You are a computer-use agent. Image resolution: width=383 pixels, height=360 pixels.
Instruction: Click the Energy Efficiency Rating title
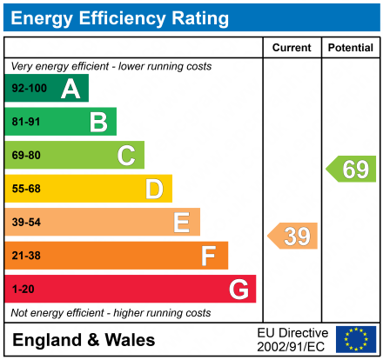(122, 17)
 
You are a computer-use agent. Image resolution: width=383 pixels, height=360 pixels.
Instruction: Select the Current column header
(292, 48)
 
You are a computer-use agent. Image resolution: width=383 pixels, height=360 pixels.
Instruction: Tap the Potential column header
(350, 48)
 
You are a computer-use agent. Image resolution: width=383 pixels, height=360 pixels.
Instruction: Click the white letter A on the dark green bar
(71, 89)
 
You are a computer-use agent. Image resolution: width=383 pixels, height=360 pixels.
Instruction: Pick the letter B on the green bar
(98, 122)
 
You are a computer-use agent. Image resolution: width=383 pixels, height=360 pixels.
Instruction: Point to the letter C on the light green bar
(126, 156)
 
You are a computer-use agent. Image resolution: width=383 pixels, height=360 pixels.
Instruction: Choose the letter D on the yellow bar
(154, 189)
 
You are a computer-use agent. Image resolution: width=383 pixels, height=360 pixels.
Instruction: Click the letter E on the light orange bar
(181, 223)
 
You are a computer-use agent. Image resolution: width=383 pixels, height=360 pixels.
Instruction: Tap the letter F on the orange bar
(209, 256)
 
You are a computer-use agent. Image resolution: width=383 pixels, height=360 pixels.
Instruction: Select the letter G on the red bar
(238, 289)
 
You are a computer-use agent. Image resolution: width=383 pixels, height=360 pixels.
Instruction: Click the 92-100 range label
(29, 89)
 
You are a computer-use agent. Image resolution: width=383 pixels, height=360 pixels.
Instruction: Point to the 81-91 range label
(26, 123)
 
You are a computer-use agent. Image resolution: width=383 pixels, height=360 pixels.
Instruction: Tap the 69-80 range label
(26, 156)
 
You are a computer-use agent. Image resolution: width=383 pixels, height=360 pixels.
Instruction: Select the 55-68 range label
(26, 189)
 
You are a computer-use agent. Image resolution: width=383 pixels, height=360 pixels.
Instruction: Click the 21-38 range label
(26, 256)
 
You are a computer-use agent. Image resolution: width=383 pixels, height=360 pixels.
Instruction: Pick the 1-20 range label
(23, 289)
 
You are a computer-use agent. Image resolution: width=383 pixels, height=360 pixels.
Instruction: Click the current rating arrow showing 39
(293, 236)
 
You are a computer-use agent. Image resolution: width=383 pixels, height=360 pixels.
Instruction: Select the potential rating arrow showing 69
(352, 169)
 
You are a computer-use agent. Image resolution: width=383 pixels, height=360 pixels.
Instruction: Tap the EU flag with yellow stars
(355, 339)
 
